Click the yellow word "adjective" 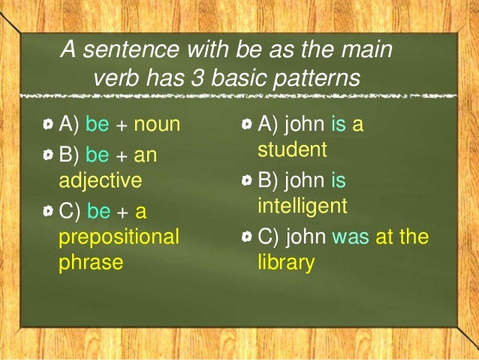(100, 180)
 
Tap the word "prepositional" (119, 237)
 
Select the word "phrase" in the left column (91, 264)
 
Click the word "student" (292, 150)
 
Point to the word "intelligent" (302, 205)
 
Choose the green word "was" (348, 237)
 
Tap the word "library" (285, 264)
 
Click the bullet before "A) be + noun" (49, 125)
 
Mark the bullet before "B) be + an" (49, 156)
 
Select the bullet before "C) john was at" (247, 238)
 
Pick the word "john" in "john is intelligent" (303, 181)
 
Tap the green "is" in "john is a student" (338, 124)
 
